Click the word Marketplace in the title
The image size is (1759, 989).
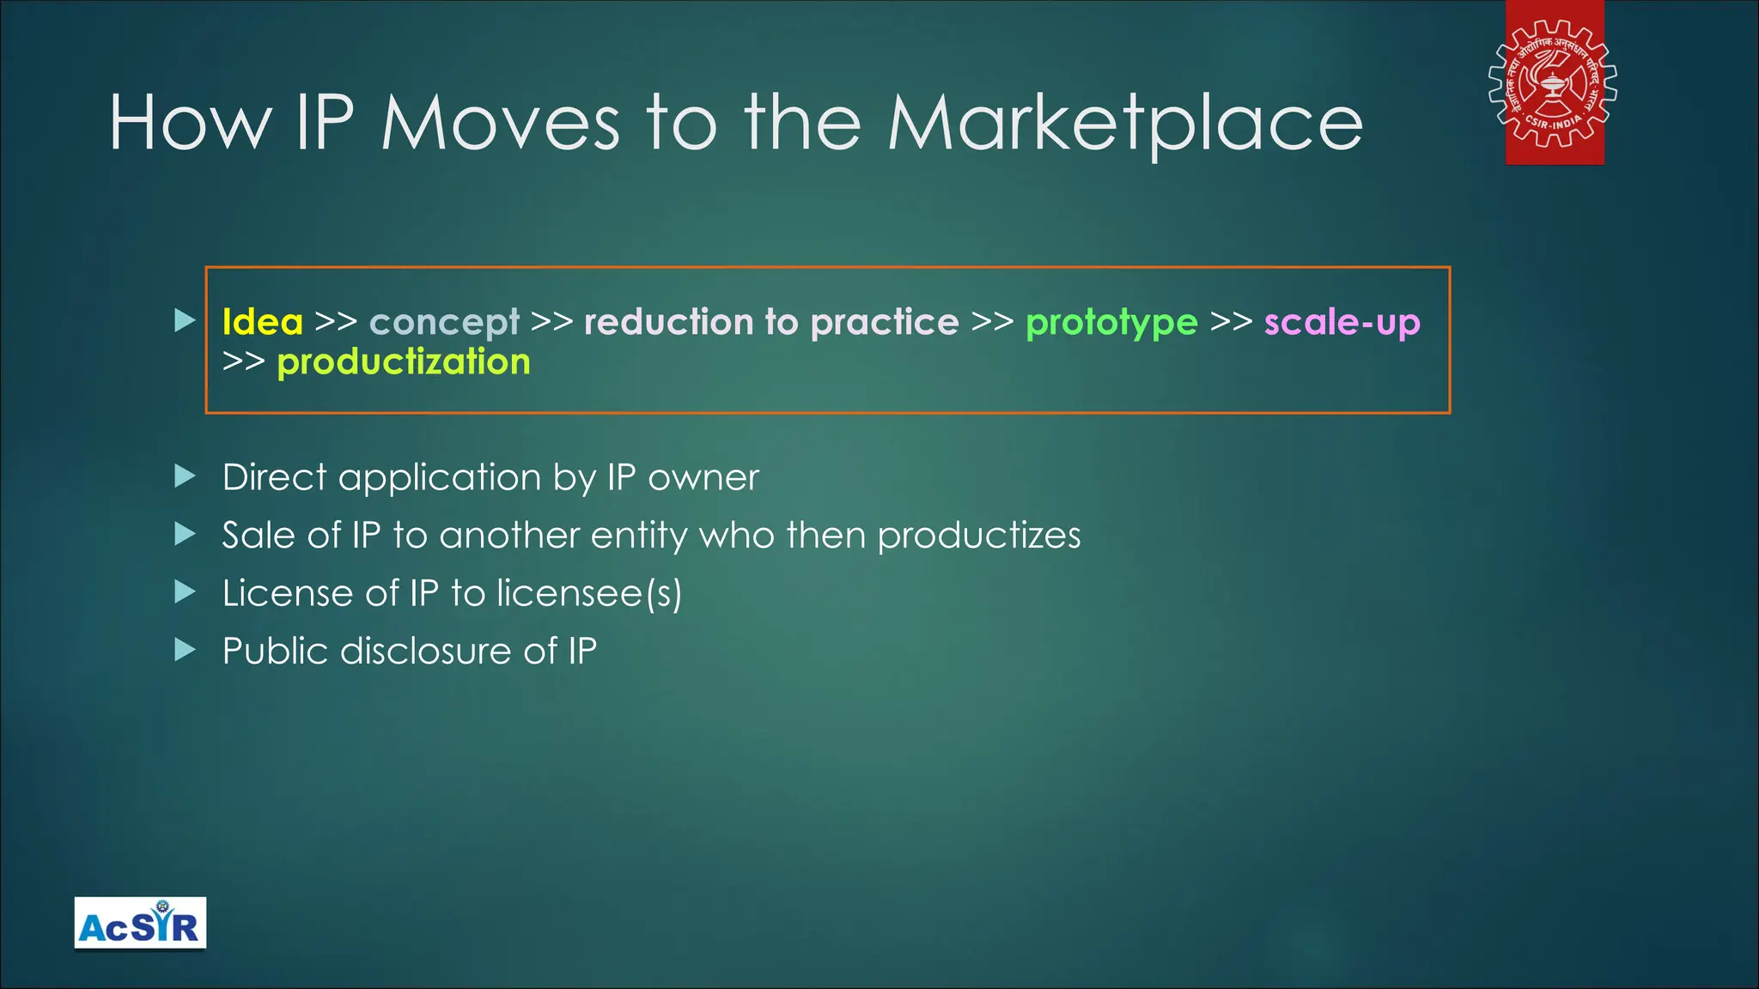tap(1124, 124)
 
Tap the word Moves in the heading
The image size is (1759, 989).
tap(500, 124)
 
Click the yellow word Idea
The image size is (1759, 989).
tap(262, 323)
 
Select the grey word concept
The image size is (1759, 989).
tap(444, 324)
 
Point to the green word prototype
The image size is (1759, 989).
tap(1111, 324)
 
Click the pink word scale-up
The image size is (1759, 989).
tap(1342, 323)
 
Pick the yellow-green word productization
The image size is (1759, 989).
tap(404, 362)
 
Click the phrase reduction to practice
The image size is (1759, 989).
tap(771, 323)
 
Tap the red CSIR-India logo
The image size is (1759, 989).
tap(1553, 83)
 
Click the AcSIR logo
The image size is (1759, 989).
tap(140, 924)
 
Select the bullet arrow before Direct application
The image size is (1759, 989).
tap(185, 476)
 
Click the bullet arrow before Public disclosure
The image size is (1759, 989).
tap(185, 650)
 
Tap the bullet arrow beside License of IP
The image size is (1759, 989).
tap(185, 592)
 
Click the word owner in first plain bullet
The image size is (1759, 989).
tap(703, 478)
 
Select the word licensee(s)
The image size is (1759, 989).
tap(589, 593)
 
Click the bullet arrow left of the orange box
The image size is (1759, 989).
tap(185, 321)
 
